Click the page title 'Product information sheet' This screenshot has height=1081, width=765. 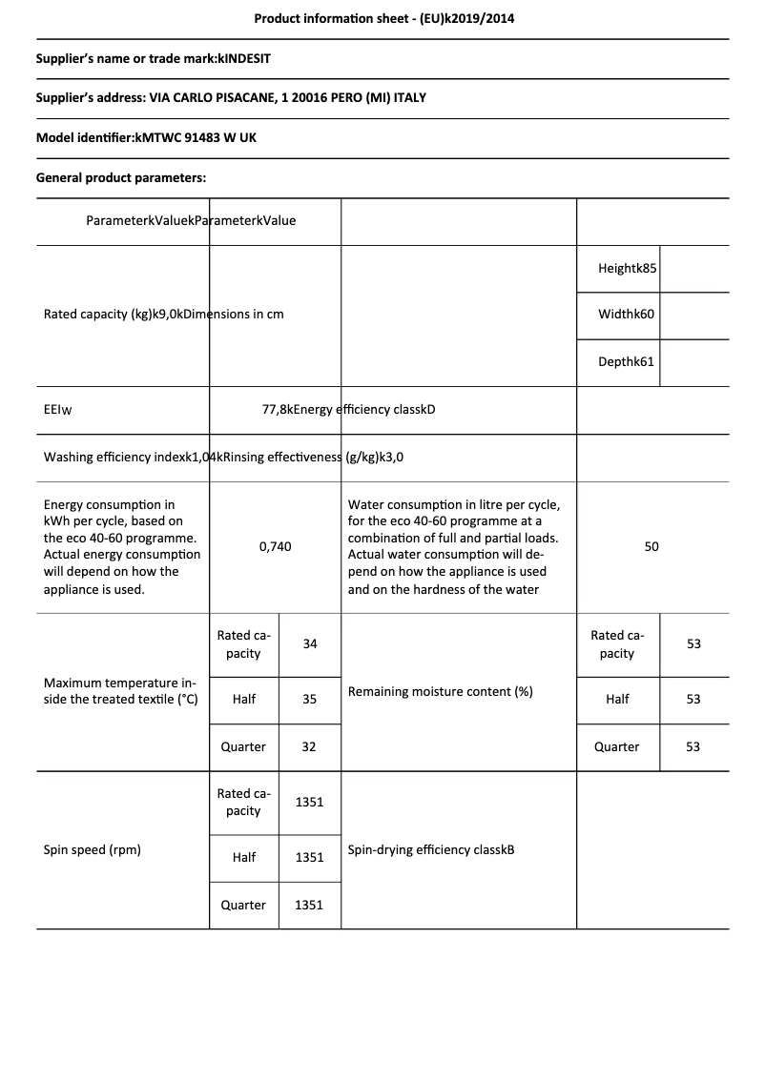coord(383,18)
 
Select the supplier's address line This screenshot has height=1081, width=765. coord(231,98)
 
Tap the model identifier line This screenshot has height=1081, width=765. coord(146,137)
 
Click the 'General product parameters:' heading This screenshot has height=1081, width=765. coord(121,177)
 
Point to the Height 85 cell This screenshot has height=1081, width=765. coord(628,269)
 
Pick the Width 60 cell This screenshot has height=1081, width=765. coord(627,315)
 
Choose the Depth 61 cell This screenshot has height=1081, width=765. coord(627,362)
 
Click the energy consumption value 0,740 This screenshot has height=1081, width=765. coord(275,546)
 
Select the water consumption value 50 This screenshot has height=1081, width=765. coord(651,546)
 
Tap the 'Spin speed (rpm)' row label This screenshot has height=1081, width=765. coord(93,849)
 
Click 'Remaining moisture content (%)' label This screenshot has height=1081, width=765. coord(440,691)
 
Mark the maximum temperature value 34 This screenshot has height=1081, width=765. coord(310,643)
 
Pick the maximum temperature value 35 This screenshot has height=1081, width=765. coord(309,699)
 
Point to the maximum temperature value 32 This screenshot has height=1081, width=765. coord(309,746)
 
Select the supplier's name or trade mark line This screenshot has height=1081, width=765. coord(154,59)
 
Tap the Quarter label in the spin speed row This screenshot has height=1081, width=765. coord(243,905)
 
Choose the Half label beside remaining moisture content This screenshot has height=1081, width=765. coord(617,699)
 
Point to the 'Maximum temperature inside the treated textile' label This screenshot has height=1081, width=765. coord(120,691)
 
